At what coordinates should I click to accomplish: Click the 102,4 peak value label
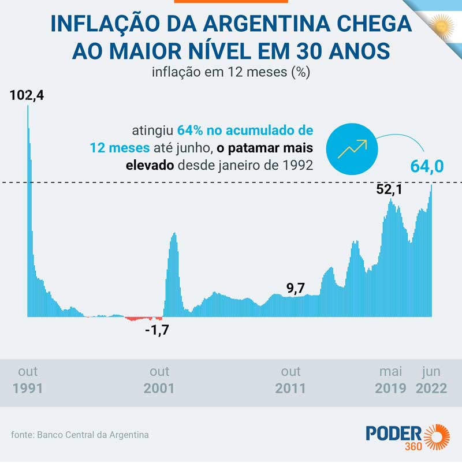coord(27,95)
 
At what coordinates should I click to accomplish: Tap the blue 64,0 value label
coord(427,166)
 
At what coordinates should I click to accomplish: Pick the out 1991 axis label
coord(28,380)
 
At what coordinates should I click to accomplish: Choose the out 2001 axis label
coord(159,380)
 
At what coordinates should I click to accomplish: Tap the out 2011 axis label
coord(290,380)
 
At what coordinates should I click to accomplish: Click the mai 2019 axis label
coord(390,380)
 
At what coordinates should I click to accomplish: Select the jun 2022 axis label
coord(431,380)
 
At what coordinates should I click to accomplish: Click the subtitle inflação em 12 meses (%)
coord(231,73)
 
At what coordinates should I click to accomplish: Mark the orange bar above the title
coord(230,2)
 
